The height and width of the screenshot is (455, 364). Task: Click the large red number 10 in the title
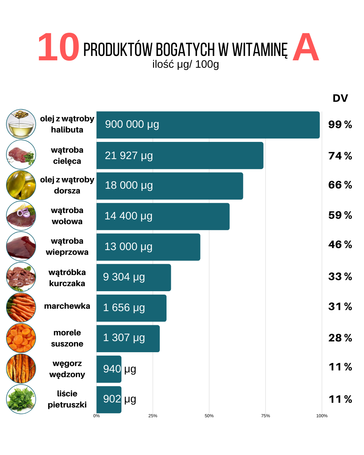(x=58, y=47)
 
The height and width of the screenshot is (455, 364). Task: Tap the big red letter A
(x=305, y=48)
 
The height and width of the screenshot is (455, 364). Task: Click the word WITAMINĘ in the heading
(x=260, y=50)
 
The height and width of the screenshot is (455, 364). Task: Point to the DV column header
(x=340, y=98)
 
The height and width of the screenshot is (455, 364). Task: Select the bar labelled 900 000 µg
(x=208, y=125)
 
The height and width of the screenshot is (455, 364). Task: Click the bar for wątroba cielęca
(x=180, y=155)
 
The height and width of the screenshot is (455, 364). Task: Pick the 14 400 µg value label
(x=128, y=216)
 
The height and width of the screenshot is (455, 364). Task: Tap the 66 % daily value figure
(x=340, y=185)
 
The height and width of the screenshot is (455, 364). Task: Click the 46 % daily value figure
(x=340, y=244)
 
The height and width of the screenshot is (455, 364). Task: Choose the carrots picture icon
(x=21, y=307)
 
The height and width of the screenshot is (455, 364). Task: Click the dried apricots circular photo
(x=21, y=338)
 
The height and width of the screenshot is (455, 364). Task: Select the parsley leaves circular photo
(x=21, y=399)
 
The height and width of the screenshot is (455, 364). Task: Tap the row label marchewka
(x=67, y=306)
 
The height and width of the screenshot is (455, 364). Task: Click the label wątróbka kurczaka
(x=67, y=278)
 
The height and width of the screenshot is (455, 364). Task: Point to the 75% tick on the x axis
(x=266, y=416)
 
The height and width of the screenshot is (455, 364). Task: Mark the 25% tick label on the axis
(x=153, y=416)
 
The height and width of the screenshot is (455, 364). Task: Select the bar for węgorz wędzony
(x=109, y=369)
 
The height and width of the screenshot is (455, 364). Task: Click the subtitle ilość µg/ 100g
(x=185, y=64)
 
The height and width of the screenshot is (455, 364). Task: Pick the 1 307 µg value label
(x=124, y=338)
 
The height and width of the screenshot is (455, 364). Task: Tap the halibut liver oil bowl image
(x=21, y=124)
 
